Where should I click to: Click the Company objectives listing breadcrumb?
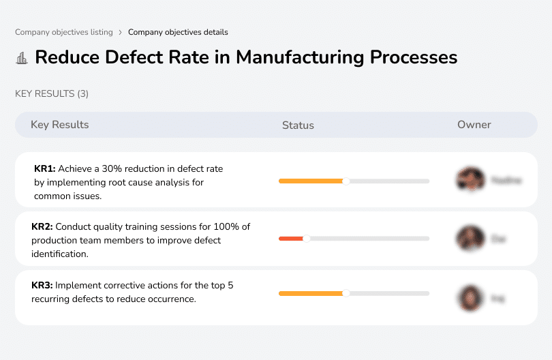[x=63, y=32]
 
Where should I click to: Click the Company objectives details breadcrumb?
[x=178, y=32]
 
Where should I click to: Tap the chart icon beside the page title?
[x=22, y=58]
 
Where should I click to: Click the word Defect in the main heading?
[x=132, y=57]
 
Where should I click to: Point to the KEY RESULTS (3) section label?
[x=52, y=93]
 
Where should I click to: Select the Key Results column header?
[x=60, y=125]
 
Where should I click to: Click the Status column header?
[x=298, y=125]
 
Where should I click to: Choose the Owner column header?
[x=474, y=125]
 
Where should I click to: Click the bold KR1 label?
[x=44, y=168]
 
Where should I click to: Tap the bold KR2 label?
[x=42, y=227]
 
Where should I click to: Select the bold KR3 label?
[x=42, y=286]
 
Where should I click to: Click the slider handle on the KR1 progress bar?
[x=346, y=181]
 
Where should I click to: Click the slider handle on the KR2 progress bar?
[x=306, y=239]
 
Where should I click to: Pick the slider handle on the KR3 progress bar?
[x=346, y=293]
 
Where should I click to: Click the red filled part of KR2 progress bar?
[x=291, y=239]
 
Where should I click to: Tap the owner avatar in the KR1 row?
[x=470, y=180]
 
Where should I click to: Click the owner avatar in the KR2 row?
[x=470, y=239]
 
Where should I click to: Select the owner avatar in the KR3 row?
[x=470, y=297]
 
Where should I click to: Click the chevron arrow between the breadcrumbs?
[x=121, y=32]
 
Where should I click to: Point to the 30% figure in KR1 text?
[x=112, y=168]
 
